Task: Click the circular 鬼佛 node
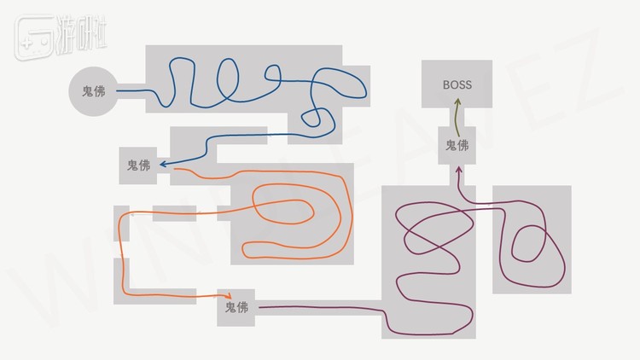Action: (93, 90)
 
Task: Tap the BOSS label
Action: (457, 84)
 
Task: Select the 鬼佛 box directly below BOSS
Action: (457, 146)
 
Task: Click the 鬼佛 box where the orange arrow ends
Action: (236, 307)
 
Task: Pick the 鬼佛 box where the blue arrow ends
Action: (138, 165)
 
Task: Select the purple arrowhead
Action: (459, 171)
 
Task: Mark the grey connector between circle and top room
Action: (132, 90)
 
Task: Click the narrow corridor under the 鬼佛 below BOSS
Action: (457, 174)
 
